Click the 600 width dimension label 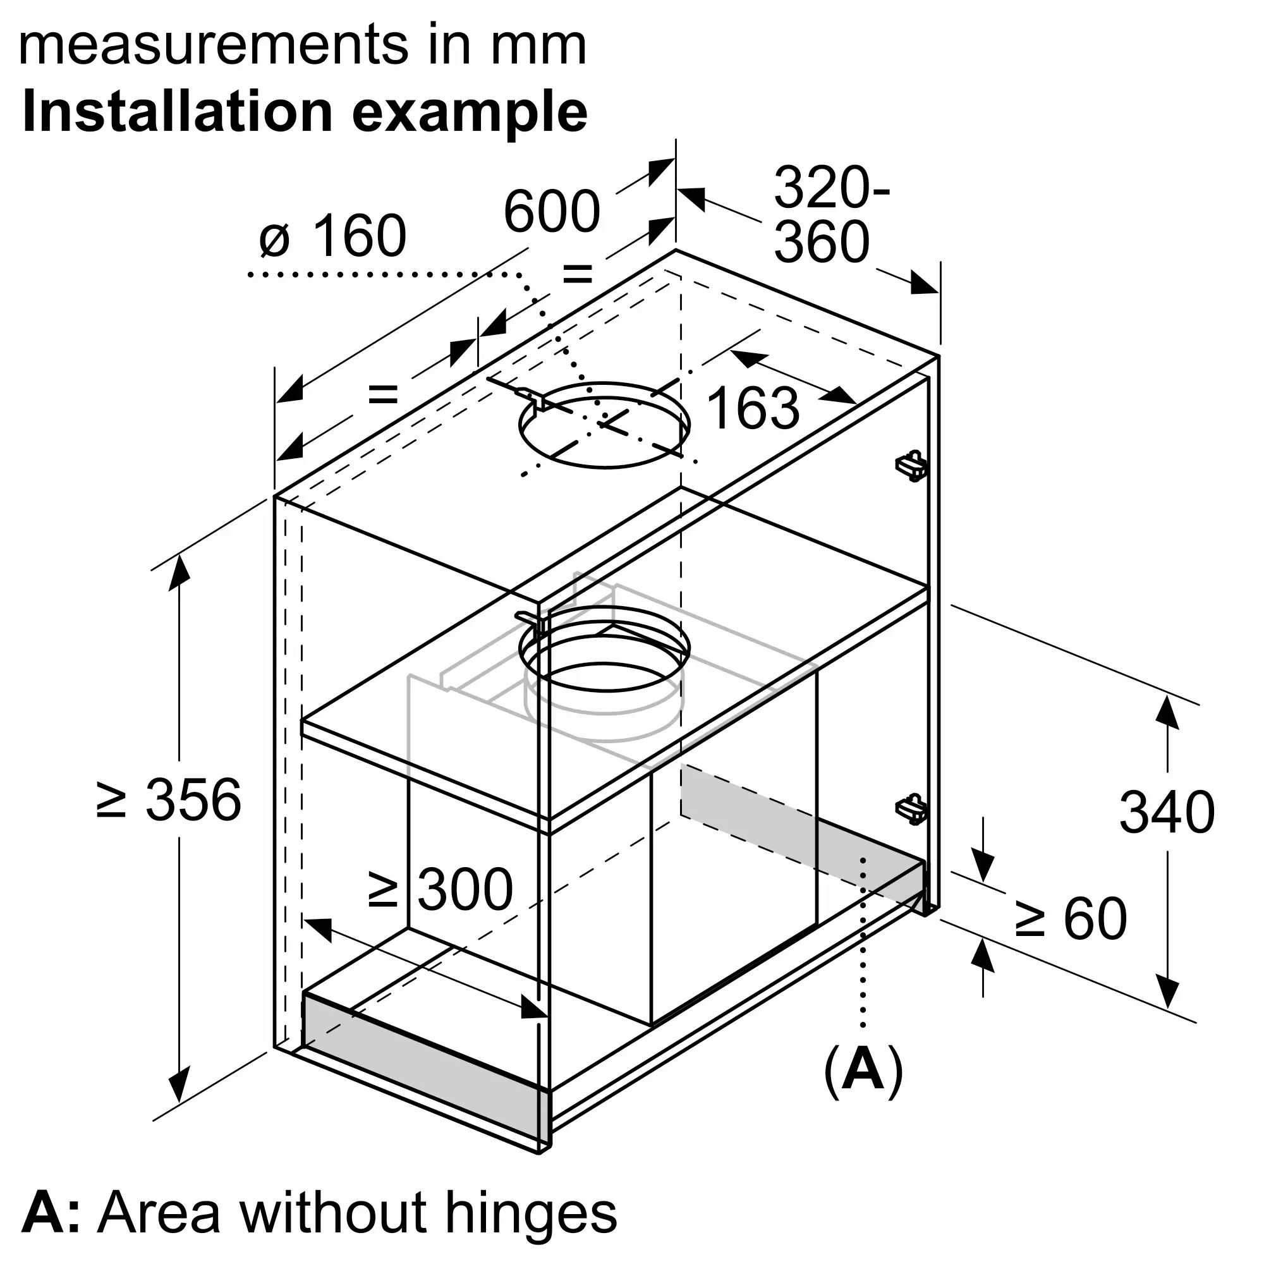552,211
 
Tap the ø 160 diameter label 332,236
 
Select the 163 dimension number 753,408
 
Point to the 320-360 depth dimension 831,215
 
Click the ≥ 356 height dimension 169,799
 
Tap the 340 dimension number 1167,813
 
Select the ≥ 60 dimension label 1071,919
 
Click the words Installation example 305,112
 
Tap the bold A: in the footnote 51,1212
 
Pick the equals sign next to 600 578,274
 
